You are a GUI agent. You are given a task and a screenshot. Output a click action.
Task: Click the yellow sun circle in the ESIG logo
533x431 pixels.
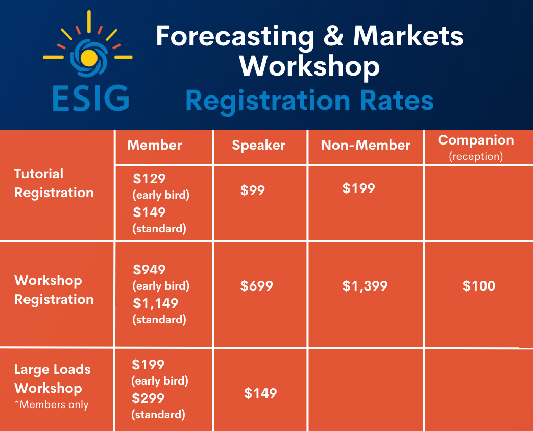(x=89, y=57)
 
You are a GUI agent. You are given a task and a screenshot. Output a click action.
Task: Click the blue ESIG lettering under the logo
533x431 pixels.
(x=91, y=98)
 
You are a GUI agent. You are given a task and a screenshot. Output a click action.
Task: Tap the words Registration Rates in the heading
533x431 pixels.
(x=309, y=101)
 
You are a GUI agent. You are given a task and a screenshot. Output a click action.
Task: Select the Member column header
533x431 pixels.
(x=154, y=145)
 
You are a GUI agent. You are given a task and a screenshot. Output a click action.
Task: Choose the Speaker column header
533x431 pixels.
(x=258, y=146)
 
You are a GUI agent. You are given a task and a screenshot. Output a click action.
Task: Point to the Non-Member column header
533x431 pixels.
(x=366, y=145)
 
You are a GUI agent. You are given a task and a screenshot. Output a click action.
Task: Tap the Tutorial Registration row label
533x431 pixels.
(x=54, y=183)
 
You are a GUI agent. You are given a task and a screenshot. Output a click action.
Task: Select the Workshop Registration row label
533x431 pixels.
(x=54, y=290)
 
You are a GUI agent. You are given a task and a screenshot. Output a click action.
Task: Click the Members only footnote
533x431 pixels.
(x=52, y=404)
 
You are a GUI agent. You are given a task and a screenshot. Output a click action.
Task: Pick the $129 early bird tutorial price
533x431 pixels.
(x=149, y=179)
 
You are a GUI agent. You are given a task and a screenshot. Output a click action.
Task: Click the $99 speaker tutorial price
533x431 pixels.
(x=253, y=190)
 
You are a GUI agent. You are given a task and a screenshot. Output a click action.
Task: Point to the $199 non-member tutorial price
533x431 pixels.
(x=358, y=188)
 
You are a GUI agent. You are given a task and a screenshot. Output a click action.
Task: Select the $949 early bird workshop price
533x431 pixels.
(x=149, y=270)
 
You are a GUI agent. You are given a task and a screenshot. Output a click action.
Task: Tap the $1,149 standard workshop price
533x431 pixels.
(x=155, y=303)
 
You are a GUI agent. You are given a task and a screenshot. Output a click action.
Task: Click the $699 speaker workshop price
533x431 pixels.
(x=257, y=286)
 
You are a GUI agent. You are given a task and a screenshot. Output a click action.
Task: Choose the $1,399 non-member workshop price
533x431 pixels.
(x=365, y=286)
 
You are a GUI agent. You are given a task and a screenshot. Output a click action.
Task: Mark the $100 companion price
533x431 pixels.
(x=478, y=286)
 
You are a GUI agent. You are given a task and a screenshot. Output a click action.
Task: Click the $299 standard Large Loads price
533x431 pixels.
(x=148, y=398)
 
